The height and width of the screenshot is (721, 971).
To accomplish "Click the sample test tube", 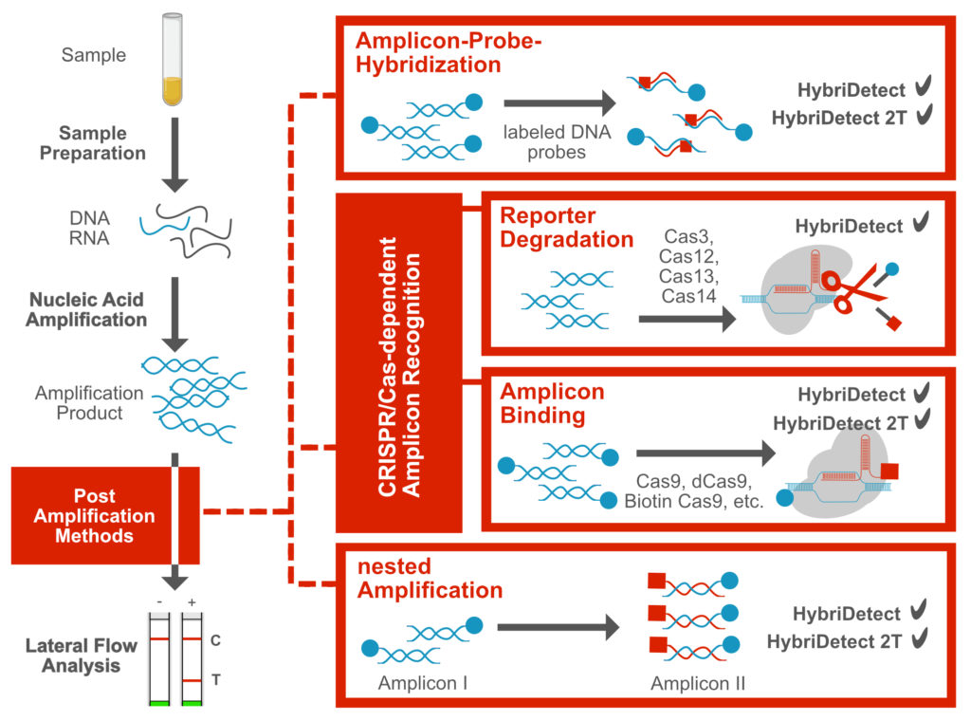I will click(x=172, y=58).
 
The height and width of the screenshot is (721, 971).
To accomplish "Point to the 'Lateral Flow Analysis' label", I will click(x=81, y=656).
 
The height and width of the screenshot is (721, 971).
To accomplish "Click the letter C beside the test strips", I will click(x=215, y=640).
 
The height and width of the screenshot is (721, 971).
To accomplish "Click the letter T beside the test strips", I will click(x=215, y=681).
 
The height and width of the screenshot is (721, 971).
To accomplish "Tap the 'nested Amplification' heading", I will click(x=430, y=579).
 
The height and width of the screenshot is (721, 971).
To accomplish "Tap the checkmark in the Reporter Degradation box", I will click(x=919, y=225).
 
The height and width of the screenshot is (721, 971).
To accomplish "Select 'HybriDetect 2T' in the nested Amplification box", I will click(x=834, y=641).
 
